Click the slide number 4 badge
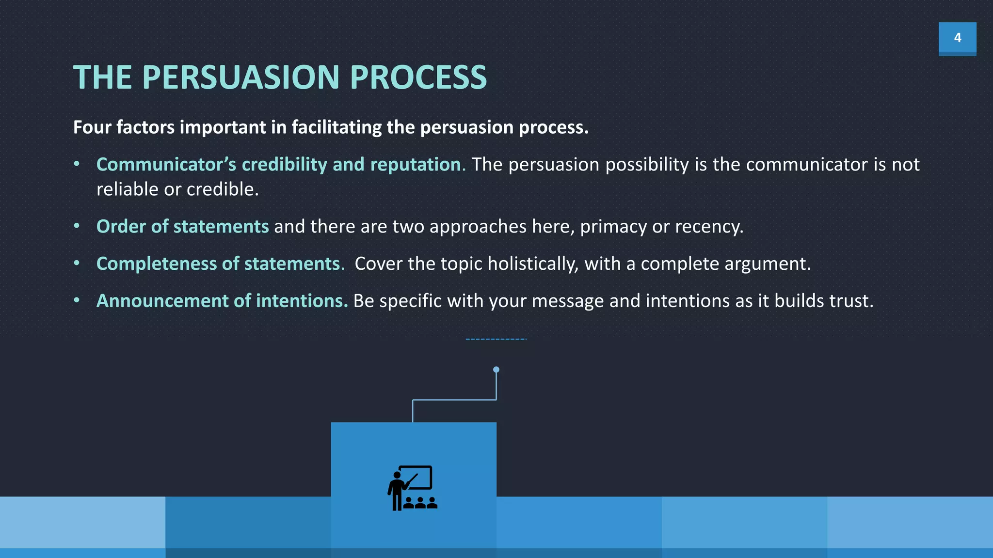[x=957, y=38]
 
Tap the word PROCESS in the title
[x=418, y=77]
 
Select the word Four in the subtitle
[x=92, y=127]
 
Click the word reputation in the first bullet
[x=415, y=165]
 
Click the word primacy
[x=613, y=227]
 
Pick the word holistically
[x=532, y=264]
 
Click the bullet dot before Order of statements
[x=77, y=226]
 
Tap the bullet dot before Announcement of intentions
[x=77, y=300]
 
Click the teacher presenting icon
[x=412, y=488]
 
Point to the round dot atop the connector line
[x=496, y=370]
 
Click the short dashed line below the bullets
[x=496, y=339]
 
